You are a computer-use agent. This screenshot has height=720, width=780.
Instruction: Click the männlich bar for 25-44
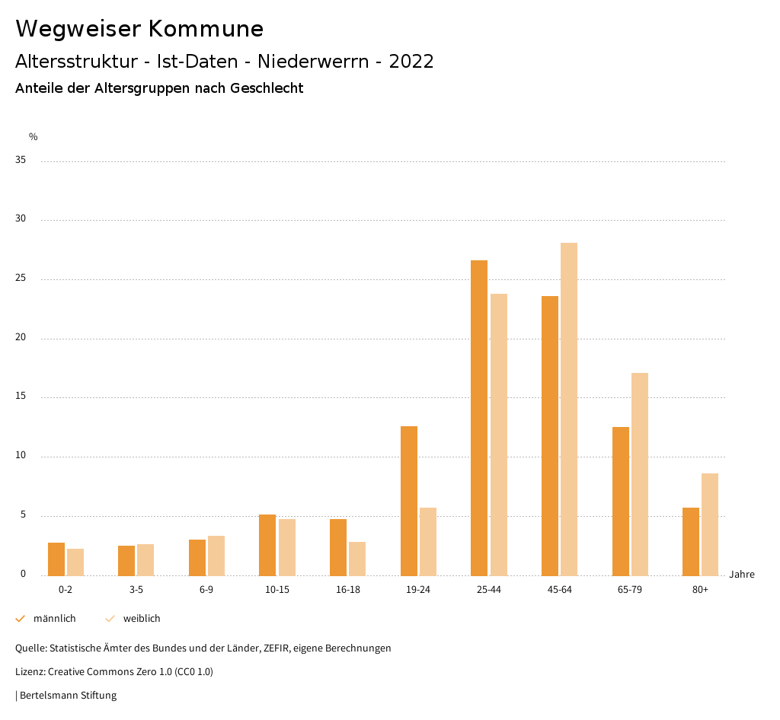point(479,418)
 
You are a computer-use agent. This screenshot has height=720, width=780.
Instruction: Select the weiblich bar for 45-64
point(569,409)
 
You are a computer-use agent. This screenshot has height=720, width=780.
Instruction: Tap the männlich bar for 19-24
point(409,501)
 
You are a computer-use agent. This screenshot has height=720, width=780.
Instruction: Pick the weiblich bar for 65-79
point(640,474)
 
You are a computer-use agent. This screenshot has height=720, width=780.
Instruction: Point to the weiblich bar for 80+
point(710,524)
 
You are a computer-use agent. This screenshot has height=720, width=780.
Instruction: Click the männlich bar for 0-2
point(56,559)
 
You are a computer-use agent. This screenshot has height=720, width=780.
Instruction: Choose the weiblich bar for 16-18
point(357,559)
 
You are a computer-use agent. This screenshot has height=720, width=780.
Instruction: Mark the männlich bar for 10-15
point(267,545)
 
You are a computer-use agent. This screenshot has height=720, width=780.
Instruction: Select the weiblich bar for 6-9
point(216,556)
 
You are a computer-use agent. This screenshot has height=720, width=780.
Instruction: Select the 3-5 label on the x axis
point(136,590)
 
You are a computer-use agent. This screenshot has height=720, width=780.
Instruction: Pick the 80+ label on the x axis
point(700,590)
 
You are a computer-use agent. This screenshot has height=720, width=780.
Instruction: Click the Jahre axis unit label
point(741,575)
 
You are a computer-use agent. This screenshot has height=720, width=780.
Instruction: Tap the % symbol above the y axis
point(34,137)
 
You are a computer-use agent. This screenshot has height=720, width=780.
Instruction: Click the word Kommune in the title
point(206,29)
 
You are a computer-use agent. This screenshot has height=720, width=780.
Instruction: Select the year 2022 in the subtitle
point(411,62)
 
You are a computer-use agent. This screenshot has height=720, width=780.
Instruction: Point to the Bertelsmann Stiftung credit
point(68,696)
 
